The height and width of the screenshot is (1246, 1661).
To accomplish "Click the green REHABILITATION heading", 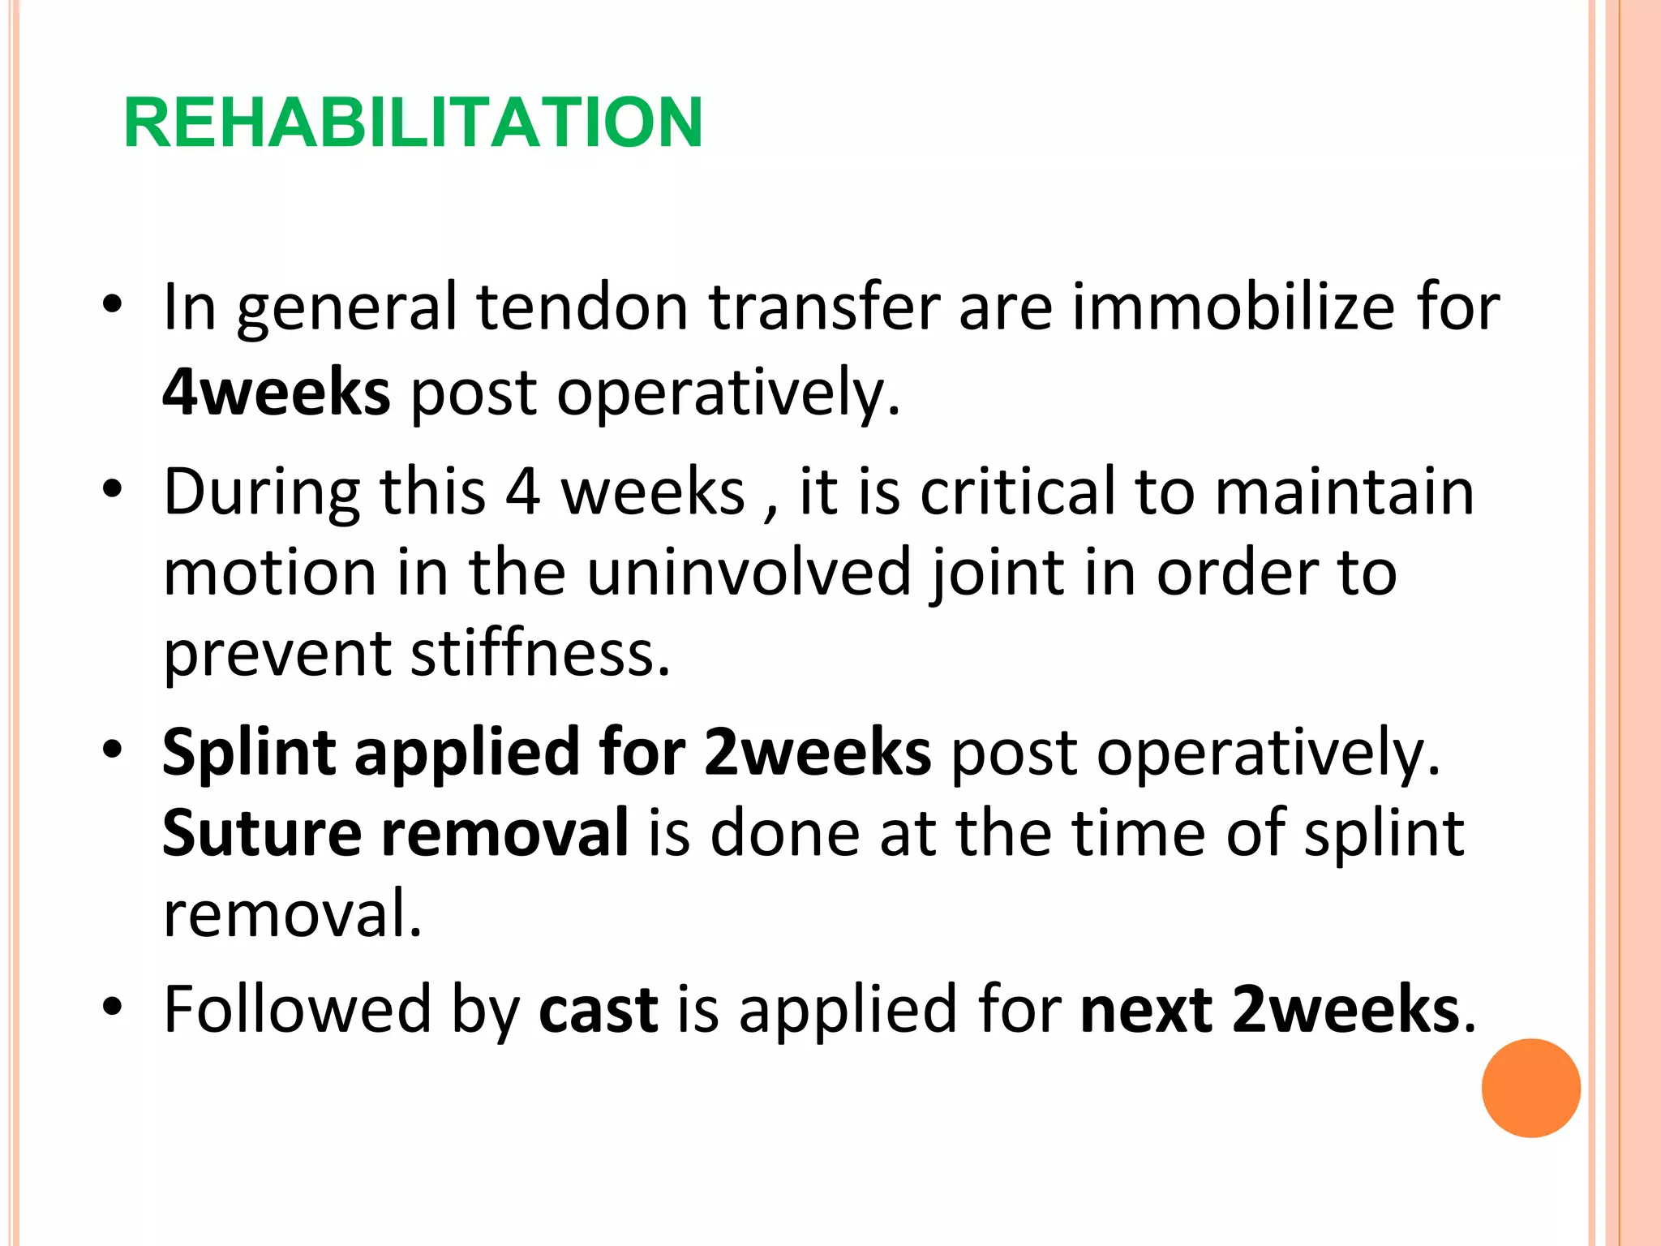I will [x=413, y=122].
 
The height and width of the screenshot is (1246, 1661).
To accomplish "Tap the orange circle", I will [x=1530, y=1088].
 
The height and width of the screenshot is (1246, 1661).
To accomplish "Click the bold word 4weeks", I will [x=277, y=392].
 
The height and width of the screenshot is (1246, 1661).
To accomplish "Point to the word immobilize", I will [x=1233, y=307].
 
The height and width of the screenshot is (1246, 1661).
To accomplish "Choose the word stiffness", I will [x=540, y=653].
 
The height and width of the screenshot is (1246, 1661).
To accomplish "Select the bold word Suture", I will [x=261, y=833].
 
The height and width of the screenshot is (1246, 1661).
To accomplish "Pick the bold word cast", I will [x=598, y=1011].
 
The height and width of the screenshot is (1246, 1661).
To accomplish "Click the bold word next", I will [x=1146, y=1011].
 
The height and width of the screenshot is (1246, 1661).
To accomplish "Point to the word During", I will [x=261, y=492].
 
